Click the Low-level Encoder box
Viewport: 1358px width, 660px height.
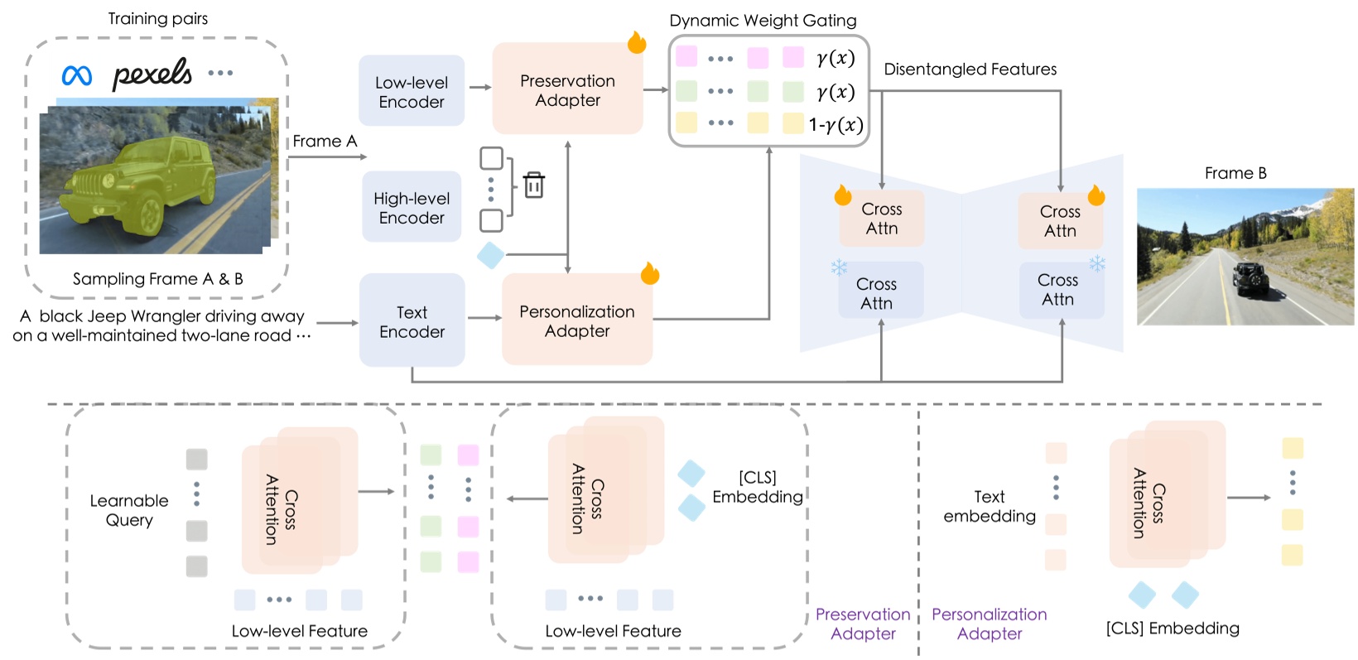click(x=412, y=92)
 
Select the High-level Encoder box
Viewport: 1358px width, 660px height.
click(x=412, y=208)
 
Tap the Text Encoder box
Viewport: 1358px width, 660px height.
click(x=412, y=321)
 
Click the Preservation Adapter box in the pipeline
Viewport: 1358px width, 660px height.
click(x=567, y=90)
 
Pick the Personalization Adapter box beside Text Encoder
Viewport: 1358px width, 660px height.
click(x=576, y=320)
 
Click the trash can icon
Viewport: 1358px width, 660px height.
click(x=534, y=185)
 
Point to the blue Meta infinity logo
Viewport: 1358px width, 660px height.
click(x=77, y=75)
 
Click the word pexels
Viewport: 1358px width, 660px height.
click(x=152, y=74)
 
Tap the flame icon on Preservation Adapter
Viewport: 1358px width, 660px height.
click(x=636, y=42)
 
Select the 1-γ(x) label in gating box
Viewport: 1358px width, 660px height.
click(x=836, y=125)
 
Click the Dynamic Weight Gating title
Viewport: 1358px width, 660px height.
click(x=763, y=21)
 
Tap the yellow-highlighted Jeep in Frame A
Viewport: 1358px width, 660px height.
click(x=149, y=183)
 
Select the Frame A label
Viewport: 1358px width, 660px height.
click(x=325, y=142)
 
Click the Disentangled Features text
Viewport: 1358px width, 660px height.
click(x=970, y=70)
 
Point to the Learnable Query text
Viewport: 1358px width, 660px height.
click(x=129, y=510)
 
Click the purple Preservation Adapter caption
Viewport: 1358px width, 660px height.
click(x=863, y=624)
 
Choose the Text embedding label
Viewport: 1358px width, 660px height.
click(x=990, y=506)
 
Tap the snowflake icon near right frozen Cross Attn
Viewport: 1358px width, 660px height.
click(x=1097, y=264)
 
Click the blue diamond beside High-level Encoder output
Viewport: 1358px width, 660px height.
click(x=491, y=255)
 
